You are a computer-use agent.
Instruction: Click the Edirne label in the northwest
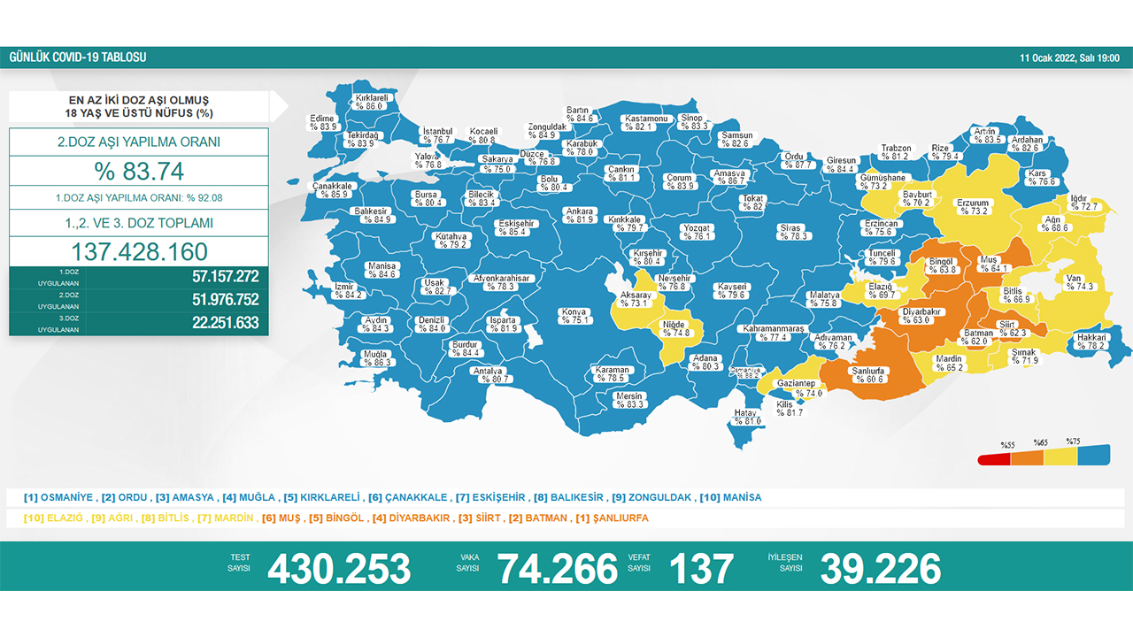[323, 122]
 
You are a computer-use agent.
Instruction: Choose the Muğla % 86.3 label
[376, 358]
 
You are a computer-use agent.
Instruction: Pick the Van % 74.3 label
[1080, 282]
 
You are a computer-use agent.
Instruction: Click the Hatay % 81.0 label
[746, 417]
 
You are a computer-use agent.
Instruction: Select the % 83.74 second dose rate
[139, 170]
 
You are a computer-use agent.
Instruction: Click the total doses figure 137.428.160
[139, 251]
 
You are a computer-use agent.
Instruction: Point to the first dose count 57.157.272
[225, 276]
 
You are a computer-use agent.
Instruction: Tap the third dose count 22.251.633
[225, 323]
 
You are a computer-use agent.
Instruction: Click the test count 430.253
[339, 569]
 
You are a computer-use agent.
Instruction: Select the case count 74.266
[558, 569]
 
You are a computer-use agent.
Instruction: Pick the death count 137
[701, 569]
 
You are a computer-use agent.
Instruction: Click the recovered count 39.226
[880, 569]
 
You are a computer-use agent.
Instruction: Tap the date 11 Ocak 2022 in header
[1069, 58]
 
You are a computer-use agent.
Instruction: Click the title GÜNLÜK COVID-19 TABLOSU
[78, 58]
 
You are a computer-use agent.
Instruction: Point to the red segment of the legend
[993, 458]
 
